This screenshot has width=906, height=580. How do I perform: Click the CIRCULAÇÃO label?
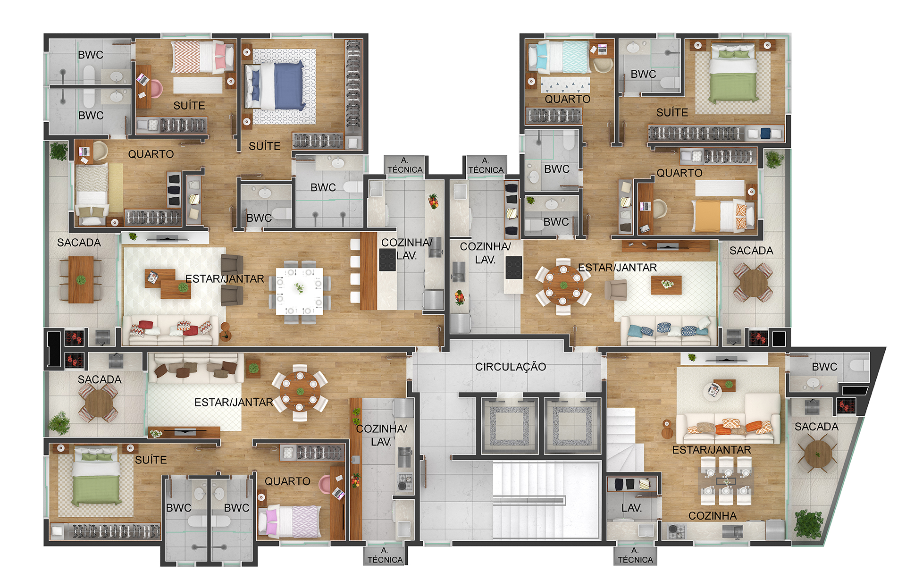(x=511, y=367)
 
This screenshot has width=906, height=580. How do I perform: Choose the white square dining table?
(x=300, y=291)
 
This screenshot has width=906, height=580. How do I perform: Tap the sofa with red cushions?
(x=170, y=329)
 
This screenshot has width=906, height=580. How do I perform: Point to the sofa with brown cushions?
(x=196, y=368)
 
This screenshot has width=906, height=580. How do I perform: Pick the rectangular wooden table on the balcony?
(x=81, y=279)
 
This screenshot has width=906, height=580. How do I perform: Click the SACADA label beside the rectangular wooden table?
(x=79, y=243)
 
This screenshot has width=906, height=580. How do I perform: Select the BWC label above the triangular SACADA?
(x=824, y=367)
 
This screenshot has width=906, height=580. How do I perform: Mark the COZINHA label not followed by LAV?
(x=713, y=516)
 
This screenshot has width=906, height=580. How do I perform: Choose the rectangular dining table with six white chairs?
(x=726, y=481)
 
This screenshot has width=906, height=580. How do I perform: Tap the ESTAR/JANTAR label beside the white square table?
(x=225, y=279)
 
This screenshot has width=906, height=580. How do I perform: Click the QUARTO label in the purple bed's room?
(x=287, y=481)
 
